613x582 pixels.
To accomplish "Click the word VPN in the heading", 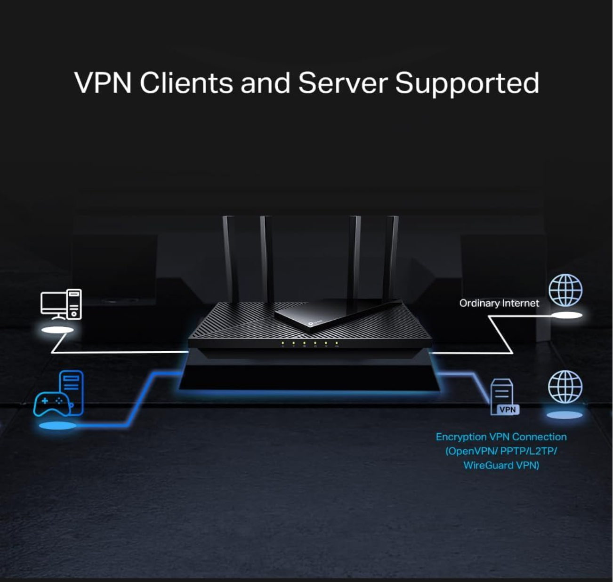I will pyautogui.click(x=102, y=83).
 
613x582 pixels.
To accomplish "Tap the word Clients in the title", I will pyautogui.click(x=186, y=83).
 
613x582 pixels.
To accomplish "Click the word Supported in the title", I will pyautogui.click(x=467, y=83).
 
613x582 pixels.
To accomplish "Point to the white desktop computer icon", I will pyautogui.click(x=61, y=304).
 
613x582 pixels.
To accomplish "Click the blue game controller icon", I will pyautogui.click(x=52, y=404).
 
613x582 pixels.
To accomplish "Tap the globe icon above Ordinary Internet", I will pyautogui.click(x=565, y=291).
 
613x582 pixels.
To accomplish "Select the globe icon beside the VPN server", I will pyautogui.click(x=565, y=387).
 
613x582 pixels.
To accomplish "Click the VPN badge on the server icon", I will pyautogui.click(x=508, y=410).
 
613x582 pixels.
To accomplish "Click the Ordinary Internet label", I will pyautogui.click(x=499, y=303).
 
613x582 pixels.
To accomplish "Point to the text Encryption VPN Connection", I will pyautogui.click(x=501, y=437).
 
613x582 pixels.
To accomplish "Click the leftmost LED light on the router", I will pyautogui.click(x=282, y=343).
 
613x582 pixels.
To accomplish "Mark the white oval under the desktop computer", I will pyautogui.click(x=57, y=330).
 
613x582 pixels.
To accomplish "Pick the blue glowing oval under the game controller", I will pyautogui.click(x=57, y=426).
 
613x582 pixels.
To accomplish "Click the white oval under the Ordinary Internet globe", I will pyautogui.click(x=566, y=315).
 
